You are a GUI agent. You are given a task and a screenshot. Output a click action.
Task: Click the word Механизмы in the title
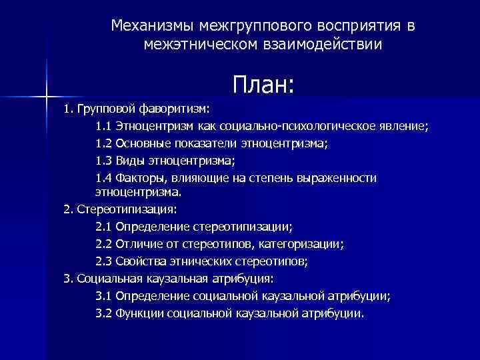(x=149, y=26)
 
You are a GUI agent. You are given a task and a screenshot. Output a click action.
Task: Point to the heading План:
(x=263, y=85)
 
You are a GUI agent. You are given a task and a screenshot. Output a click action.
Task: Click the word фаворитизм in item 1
(x=174, y=108)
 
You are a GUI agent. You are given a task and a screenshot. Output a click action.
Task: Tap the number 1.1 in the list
(x=103, y=125)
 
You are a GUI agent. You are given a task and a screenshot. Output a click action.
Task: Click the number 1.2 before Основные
(x=103, y=143)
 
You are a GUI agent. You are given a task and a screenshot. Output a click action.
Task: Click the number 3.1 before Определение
(x=103, y=295)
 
